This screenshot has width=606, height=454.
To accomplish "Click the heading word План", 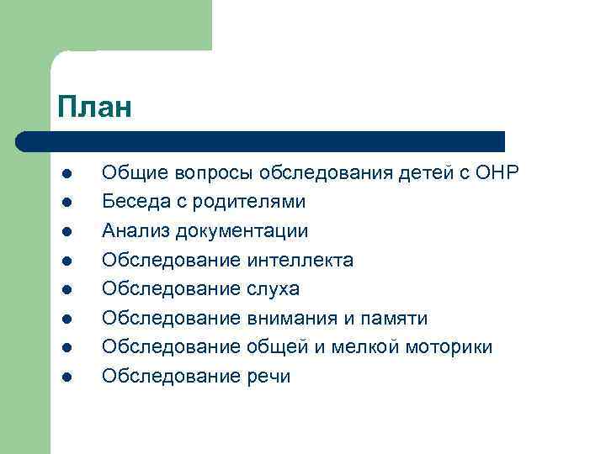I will click(95, 107).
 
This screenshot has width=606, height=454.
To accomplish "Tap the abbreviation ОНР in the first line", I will click(498, 173).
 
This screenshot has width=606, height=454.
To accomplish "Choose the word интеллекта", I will click(300, 260).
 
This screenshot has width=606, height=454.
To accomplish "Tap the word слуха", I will click(274, 289).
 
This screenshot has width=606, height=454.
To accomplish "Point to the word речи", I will click(268, 377).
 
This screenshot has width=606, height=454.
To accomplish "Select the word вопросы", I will click(214, 173).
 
